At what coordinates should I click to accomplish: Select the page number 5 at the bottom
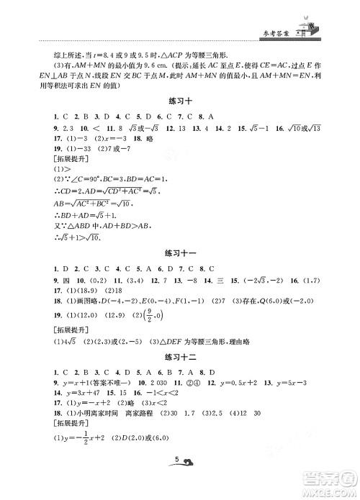coord(176,482)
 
